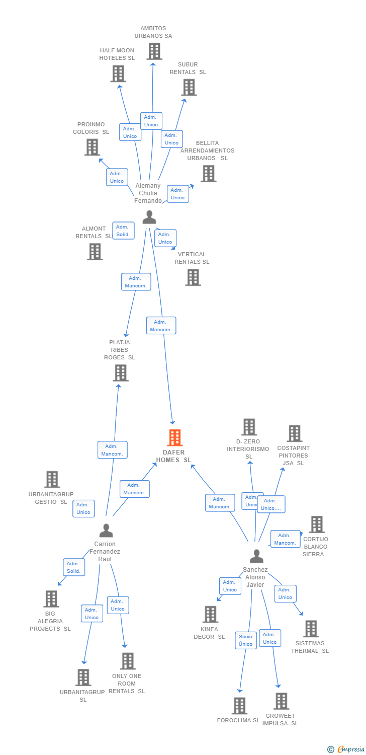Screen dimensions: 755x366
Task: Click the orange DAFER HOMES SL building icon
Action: (174, 437)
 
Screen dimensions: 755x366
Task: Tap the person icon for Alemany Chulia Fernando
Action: (149, 217)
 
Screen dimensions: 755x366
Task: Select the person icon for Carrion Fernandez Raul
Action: (106, 531)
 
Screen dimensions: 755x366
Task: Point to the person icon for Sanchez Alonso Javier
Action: (256, 556)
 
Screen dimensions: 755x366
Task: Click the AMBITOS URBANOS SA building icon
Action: (154, 51)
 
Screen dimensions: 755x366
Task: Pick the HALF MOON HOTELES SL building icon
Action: (118, 73)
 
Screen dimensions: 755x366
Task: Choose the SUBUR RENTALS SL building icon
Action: (189, 87)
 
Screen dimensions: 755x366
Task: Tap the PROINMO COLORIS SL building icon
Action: (92, 147)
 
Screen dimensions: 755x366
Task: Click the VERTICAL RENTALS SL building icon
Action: (193, 277)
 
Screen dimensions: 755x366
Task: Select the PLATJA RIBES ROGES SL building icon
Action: (121, 373)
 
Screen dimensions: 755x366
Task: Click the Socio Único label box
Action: (246, 640)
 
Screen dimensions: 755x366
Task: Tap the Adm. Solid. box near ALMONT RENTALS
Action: (123, 231)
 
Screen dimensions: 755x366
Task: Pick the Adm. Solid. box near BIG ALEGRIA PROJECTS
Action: (74, 567)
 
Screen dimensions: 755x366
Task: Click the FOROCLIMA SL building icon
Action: (239, 706)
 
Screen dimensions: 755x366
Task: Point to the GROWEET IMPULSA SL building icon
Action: (281, 701)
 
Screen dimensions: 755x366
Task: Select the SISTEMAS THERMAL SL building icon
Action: (311, 628)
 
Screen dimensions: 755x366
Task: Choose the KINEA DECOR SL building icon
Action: (210, 614)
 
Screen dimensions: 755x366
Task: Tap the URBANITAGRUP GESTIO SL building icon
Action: (52, 480)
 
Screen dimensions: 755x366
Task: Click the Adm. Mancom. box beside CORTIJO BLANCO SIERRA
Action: (285, 539)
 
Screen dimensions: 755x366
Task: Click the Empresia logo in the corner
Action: (346, 749)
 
